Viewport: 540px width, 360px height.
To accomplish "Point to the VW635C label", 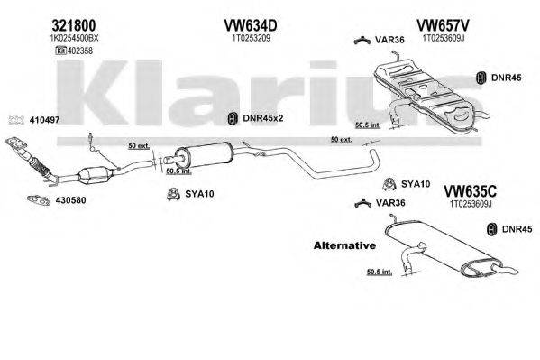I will (x=472, y=190).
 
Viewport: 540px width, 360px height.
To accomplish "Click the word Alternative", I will (x=343, y=245).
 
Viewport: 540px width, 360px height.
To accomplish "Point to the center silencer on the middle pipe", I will (x=209, y=153).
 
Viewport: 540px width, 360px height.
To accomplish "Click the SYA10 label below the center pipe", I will (x=198, y=192).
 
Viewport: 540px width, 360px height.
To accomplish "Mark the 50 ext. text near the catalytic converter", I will (x=138, y=145).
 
